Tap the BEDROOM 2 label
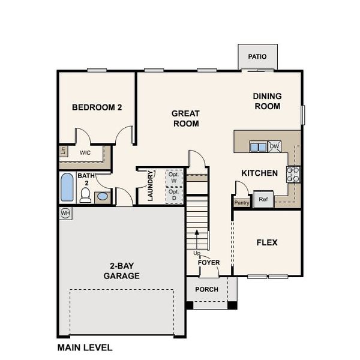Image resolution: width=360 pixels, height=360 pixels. [x=97, y=108]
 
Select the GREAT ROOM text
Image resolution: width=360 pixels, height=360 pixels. [x=185, y=118]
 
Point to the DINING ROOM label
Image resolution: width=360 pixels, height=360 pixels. [x=267, y=101]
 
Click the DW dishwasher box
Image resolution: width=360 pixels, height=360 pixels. [x=274, y=146]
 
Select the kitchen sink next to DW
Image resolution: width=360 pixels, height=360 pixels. [x=258, y=146]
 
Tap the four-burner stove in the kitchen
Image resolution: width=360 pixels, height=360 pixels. [x=293, y=174]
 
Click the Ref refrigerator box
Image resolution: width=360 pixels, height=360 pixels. [x=263, y=199]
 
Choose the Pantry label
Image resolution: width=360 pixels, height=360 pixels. [x=242, y=203]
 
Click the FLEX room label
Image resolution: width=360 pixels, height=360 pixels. [x=267, y=242]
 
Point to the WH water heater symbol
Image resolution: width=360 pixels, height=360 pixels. [x=65, y=212]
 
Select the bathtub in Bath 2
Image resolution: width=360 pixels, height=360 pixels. [x=67, y=188]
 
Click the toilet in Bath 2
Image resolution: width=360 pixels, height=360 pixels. [x=85, y=195]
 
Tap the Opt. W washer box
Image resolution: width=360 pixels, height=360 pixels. [x=173, y=178]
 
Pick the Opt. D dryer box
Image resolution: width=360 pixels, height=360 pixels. [x=173, y=195]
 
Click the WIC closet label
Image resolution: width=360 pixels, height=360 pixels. [x=85, y=153]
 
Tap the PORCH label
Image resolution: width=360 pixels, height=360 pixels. [x=207, y=289]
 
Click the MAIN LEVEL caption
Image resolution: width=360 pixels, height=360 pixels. [x=85, y=347]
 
